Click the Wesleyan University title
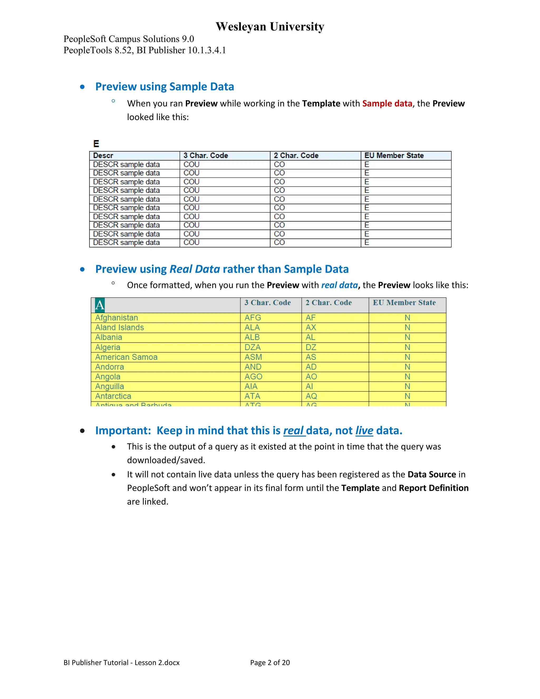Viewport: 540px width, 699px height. (270, 27)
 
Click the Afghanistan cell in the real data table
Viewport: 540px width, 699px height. (117, 318)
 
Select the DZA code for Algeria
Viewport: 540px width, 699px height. (252, 347)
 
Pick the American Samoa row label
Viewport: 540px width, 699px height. (126, 357)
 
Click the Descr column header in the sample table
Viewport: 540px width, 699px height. (103, 156)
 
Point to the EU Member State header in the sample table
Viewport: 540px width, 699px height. (394, 156)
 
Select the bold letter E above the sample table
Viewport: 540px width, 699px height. (96, 144)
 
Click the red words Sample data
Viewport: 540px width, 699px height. (387, 104)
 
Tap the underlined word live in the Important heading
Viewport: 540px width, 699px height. (364, 431)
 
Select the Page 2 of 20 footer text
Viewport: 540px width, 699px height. (270, 663)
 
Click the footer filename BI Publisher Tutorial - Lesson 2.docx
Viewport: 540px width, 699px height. (122, 663)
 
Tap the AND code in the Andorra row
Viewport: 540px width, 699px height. (253, 367)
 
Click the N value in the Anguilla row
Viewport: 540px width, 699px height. (407, 386)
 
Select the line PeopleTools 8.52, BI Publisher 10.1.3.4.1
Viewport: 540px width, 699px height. (144, 50)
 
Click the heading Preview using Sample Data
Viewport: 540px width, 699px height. (165, 87)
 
